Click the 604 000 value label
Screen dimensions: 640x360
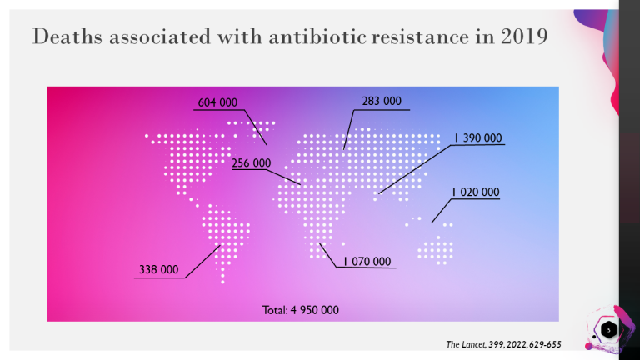[x=217, y=102]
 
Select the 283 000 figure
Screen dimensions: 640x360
[x=382, y=101]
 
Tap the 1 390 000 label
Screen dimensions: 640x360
[x=478, y=138]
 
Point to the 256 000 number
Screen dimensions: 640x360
[x=252, y=163]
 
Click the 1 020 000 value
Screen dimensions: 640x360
[x=476, y=192]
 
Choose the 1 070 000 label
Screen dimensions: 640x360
[x=367, y=261]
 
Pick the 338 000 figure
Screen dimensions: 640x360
[x=159, y=269]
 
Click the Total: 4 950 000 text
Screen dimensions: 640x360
[x=300, y=310]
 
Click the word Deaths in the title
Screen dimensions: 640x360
[x=67, y=37]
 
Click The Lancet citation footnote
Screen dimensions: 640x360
[x=503, y=344]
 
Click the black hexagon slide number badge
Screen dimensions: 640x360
[x=608, y=330]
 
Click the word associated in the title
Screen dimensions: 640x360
[x=160, y=37]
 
